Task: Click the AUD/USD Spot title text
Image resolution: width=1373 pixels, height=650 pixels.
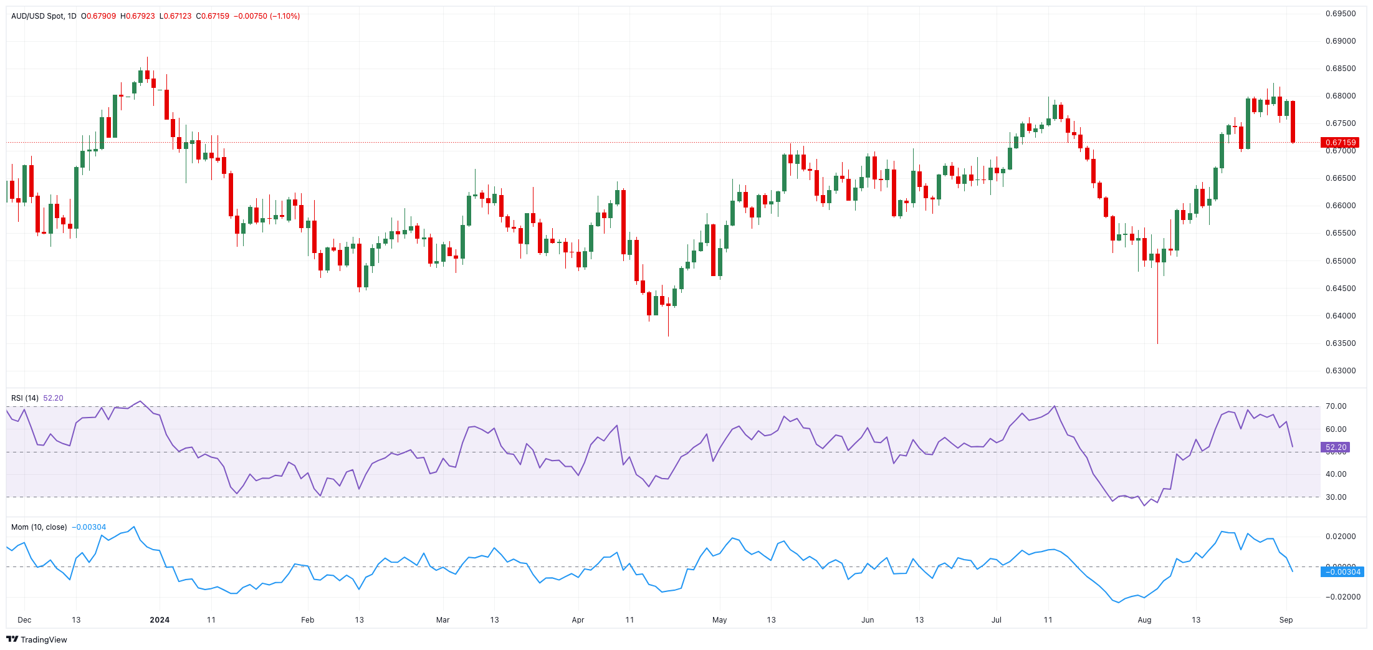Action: (37, 16)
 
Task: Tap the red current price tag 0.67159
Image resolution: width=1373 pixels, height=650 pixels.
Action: (1339, 143)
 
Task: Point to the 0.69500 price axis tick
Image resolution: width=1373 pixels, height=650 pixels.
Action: (1340, 14)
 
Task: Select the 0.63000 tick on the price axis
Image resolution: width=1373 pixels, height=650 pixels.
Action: (1340, 371)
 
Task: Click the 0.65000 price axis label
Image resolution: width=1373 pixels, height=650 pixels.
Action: (1340, 261)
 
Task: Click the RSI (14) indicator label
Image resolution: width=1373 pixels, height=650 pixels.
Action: (25, 398)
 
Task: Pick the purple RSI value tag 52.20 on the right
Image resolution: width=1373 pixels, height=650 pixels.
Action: (1335, 447)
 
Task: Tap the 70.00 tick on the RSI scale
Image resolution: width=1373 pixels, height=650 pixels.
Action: (1336, 406)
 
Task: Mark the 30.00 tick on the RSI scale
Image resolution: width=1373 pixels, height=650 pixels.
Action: (1336, 497)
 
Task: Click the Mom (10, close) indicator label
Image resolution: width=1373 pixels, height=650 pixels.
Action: (39, 527)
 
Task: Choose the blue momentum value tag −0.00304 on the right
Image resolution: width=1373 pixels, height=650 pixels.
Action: (1342, 572)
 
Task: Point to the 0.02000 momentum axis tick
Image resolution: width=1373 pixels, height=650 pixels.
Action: (1340, 537)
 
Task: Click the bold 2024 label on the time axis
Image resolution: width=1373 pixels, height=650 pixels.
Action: (160, 620)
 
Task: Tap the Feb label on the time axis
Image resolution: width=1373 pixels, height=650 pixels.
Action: (307, 620)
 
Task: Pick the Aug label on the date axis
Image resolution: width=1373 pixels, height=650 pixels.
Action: (1144, 620)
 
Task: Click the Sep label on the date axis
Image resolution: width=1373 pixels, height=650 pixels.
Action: (1286, 620)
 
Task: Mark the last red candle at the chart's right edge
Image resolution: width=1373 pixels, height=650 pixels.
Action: (1293, 122)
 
